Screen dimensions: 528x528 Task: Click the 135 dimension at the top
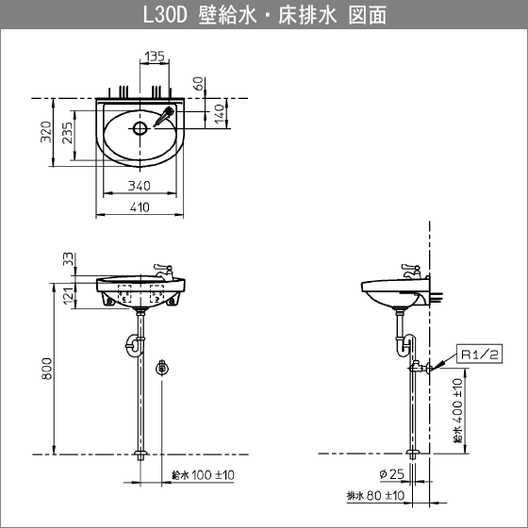[155, 56]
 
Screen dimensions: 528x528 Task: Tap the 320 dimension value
[46, 132]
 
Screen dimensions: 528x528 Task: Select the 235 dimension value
[67, 133]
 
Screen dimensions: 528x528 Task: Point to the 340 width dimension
[140, 186]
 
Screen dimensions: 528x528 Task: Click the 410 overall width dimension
[140, 207]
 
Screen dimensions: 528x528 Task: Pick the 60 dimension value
[199, 84]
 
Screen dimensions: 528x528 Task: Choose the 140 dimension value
[219, 114]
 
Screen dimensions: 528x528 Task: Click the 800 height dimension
[47, 369]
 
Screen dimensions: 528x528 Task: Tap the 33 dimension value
[68, 258]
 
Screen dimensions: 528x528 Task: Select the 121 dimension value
[68, 295]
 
